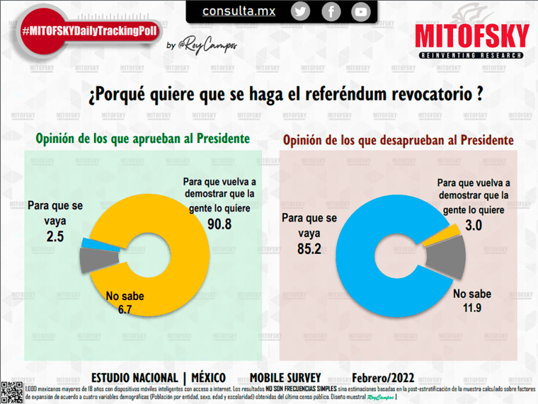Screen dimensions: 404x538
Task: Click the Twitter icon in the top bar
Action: (x=301, y=11)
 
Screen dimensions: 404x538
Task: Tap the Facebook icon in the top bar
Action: (x=331, y=11)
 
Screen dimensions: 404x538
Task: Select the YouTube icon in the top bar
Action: (x=361, y=11)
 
